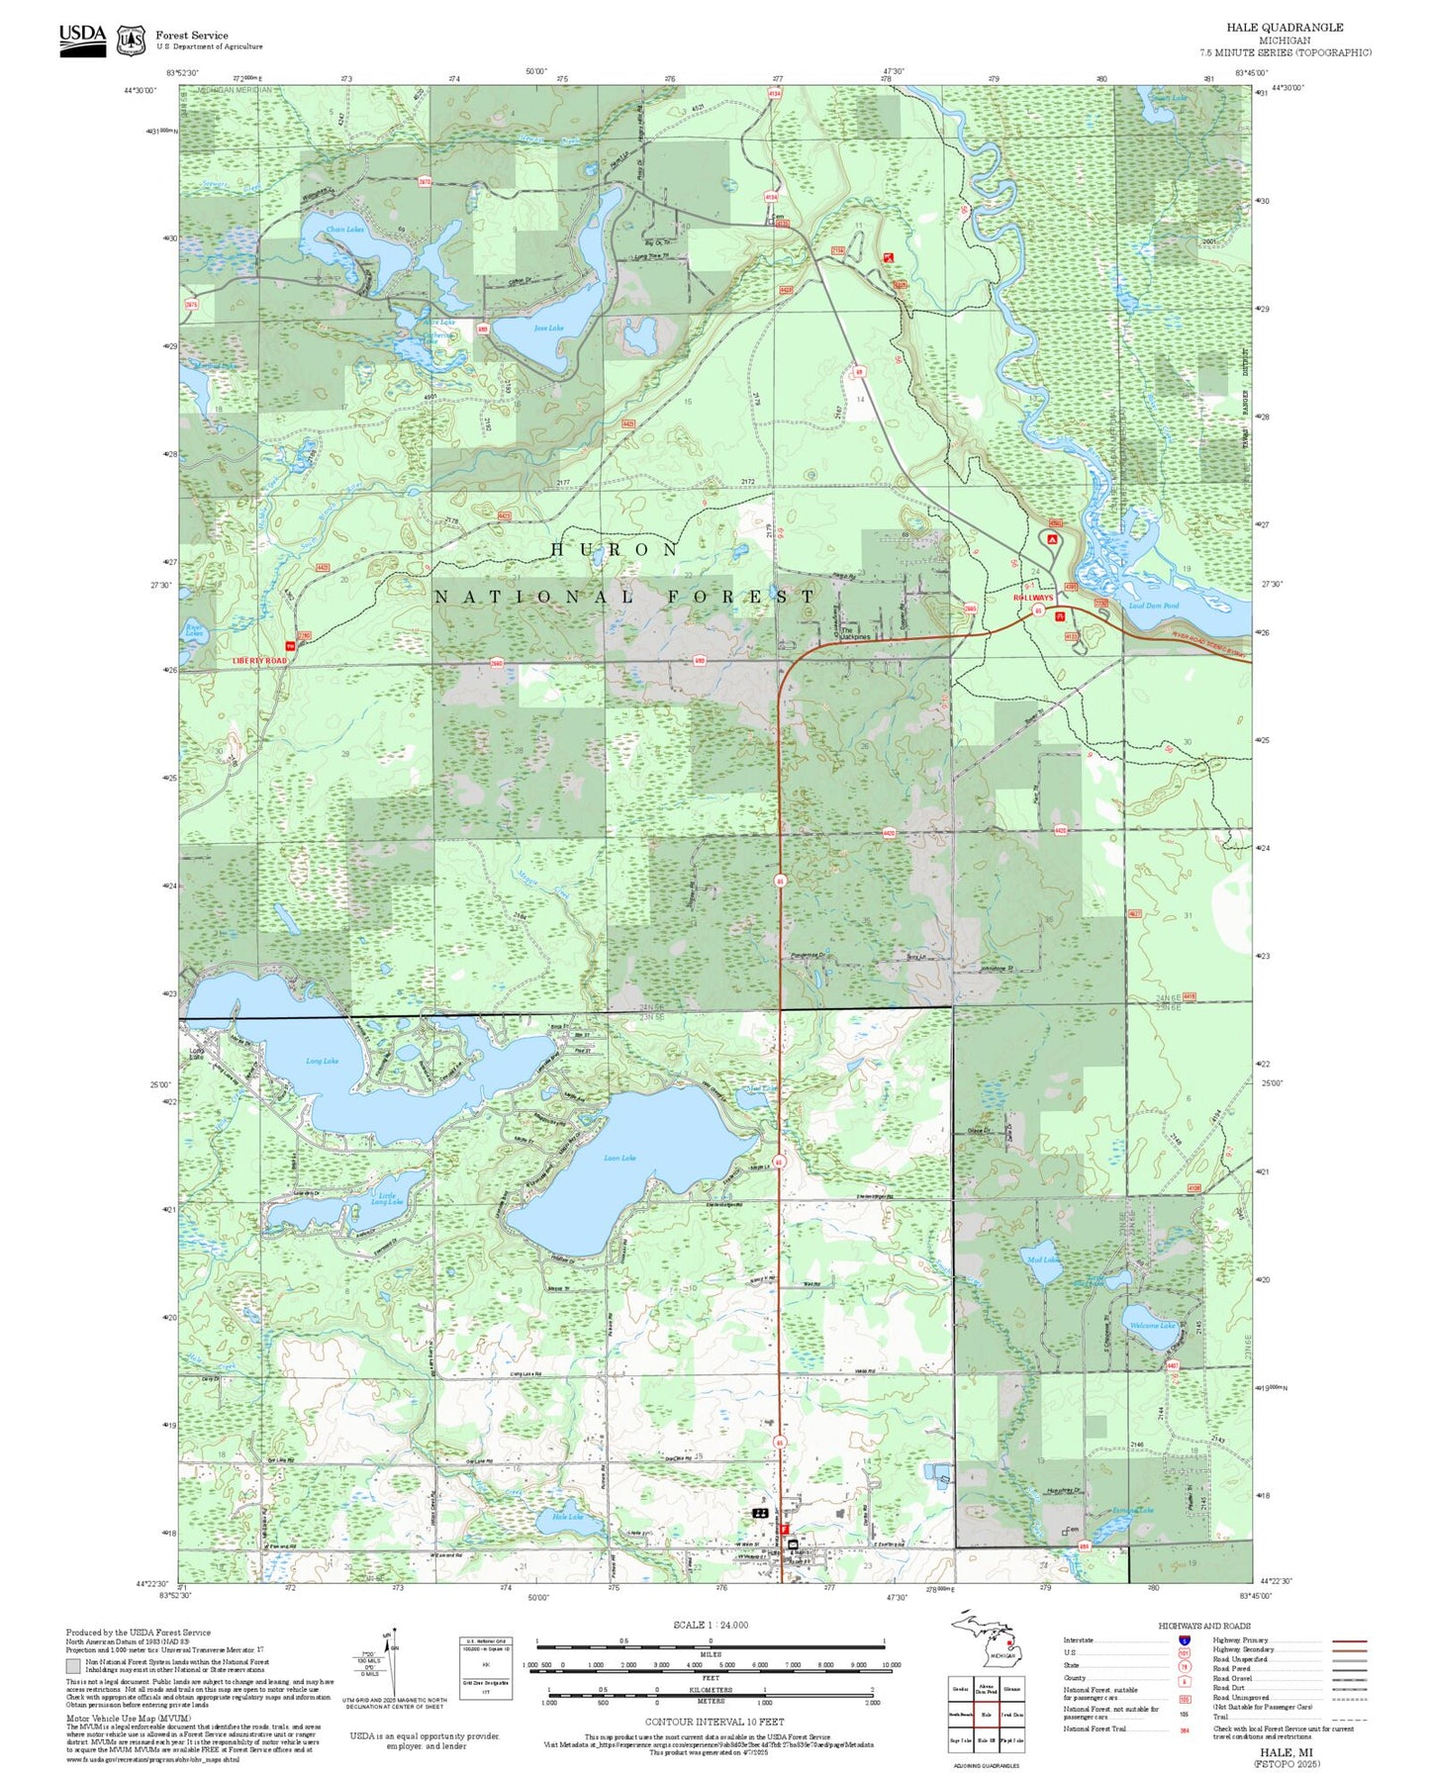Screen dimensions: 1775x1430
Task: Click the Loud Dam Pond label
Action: (x=1153, y=605)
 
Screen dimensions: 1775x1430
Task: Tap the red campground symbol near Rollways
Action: (x=1052, y=539)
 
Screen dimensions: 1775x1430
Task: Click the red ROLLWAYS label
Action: (x=1033, y=598)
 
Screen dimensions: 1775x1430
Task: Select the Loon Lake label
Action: (x=620, y=1157)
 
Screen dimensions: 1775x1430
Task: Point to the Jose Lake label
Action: (x=548, y=327)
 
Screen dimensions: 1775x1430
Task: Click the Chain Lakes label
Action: (x=345, y=230)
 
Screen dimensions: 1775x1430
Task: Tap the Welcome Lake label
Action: (x=1152, y=1325)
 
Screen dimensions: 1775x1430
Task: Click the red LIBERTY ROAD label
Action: (x=259, y=660)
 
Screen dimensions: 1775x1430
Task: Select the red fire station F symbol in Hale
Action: (x=783, y=1529)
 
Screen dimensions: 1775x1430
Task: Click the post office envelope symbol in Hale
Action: (x=793, y=1542)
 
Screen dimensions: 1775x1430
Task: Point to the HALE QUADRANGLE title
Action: (x=1285, y=27)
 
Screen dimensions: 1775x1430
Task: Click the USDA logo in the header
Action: (x=82, y=39)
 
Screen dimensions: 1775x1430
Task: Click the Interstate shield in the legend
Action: (x=1184, y=1639)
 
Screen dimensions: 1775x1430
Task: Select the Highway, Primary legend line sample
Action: (x=1349, y=1640)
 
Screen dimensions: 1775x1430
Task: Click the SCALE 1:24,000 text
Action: (x=710, y=1625)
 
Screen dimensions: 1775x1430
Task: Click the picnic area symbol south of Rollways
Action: (x=1061, y=615)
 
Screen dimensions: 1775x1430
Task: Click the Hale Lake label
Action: (x=567, y=1517)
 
